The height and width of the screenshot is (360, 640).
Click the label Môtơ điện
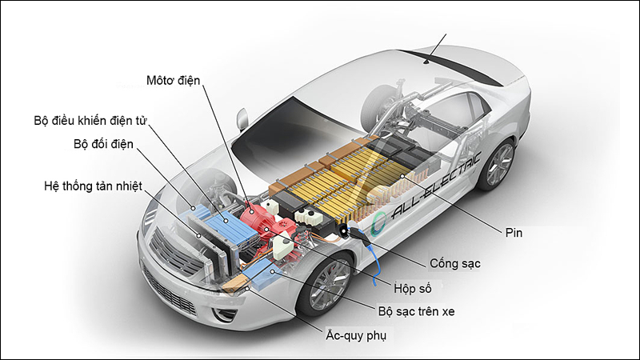[x=172, y=80]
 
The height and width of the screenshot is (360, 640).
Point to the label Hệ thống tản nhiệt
[x=93, y=186]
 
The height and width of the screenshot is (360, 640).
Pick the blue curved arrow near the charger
[x=373, y=264]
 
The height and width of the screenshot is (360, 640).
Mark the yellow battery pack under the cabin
[x=336, y=180]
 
